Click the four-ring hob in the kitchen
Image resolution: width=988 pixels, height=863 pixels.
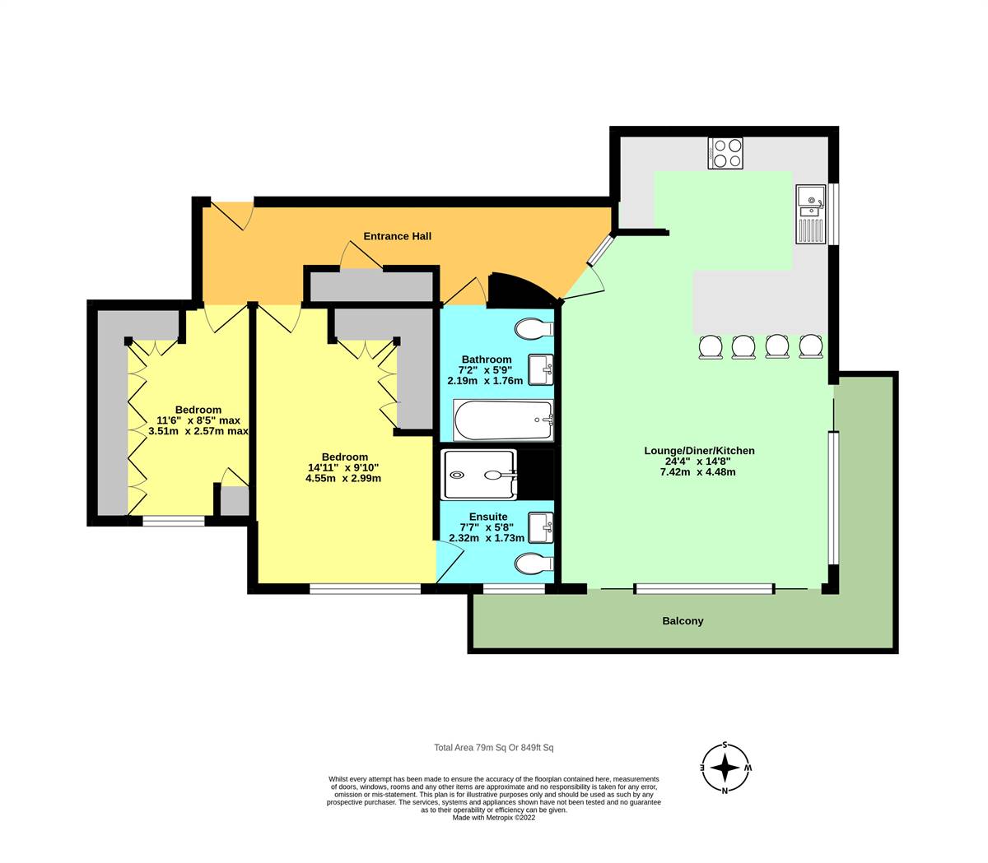coord(725,153)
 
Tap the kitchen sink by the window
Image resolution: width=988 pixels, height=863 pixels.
coord(810,213)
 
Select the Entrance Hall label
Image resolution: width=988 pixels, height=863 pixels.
coord(398,236)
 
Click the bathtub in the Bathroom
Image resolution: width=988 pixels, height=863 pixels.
coord(502,420)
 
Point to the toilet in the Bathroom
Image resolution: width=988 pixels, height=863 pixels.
coord(534,329)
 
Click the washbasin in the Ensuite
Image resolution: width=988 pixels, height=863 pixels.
coord(539,527)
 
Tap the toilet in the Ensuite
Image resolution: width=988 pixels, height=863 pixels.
coord(534,564)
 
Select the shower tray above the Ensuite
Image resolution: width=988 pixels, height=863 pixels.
coord(479,475)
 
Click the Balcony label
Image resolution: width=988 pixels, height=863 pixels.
coord(683,621)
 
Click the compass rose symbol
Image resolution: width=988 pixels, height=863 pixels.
coord(725,768)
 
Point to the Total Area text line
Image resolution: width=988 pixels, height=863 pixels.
coord(494,748)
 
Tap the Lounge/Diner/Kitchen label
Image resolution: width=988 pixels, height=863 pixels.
coord(699,451)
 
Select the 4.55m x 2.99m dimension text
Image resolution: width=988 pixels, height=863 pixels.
coord(344,478)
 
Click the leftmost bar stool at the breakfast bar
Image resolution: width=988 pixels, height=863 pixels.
coord(711,346)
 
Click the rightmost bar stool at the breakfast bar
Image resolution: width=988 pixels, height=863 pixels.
coord(811,346)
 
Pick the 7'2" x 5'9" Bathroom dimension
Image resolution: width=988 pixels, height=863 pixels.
coord(485,370)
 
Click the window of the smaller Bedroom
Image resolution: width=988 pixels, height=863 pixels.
coord(173,520)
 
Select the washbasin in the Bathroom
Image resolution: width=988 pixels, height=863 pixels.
coord(539,369)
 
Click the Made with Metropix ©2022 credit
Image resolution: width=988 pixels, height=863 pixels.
coord(494,818)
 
